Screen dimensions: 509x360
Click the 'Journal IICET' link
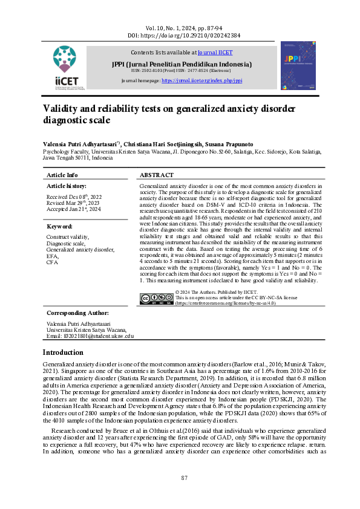click(215, 53)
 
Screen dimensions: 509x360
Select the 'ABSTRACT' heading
click(157, 175)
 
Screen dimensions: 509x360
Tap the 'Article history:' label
click(67, 186)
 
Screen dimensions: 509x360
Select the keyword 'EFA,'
click(53, 256)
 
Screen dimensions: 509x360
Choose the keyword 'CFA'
click(53, 263)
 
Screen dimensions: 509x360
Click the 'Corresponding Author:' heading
click(78, 313)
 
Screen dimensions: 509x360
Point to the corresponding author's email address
click(90, 336)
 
